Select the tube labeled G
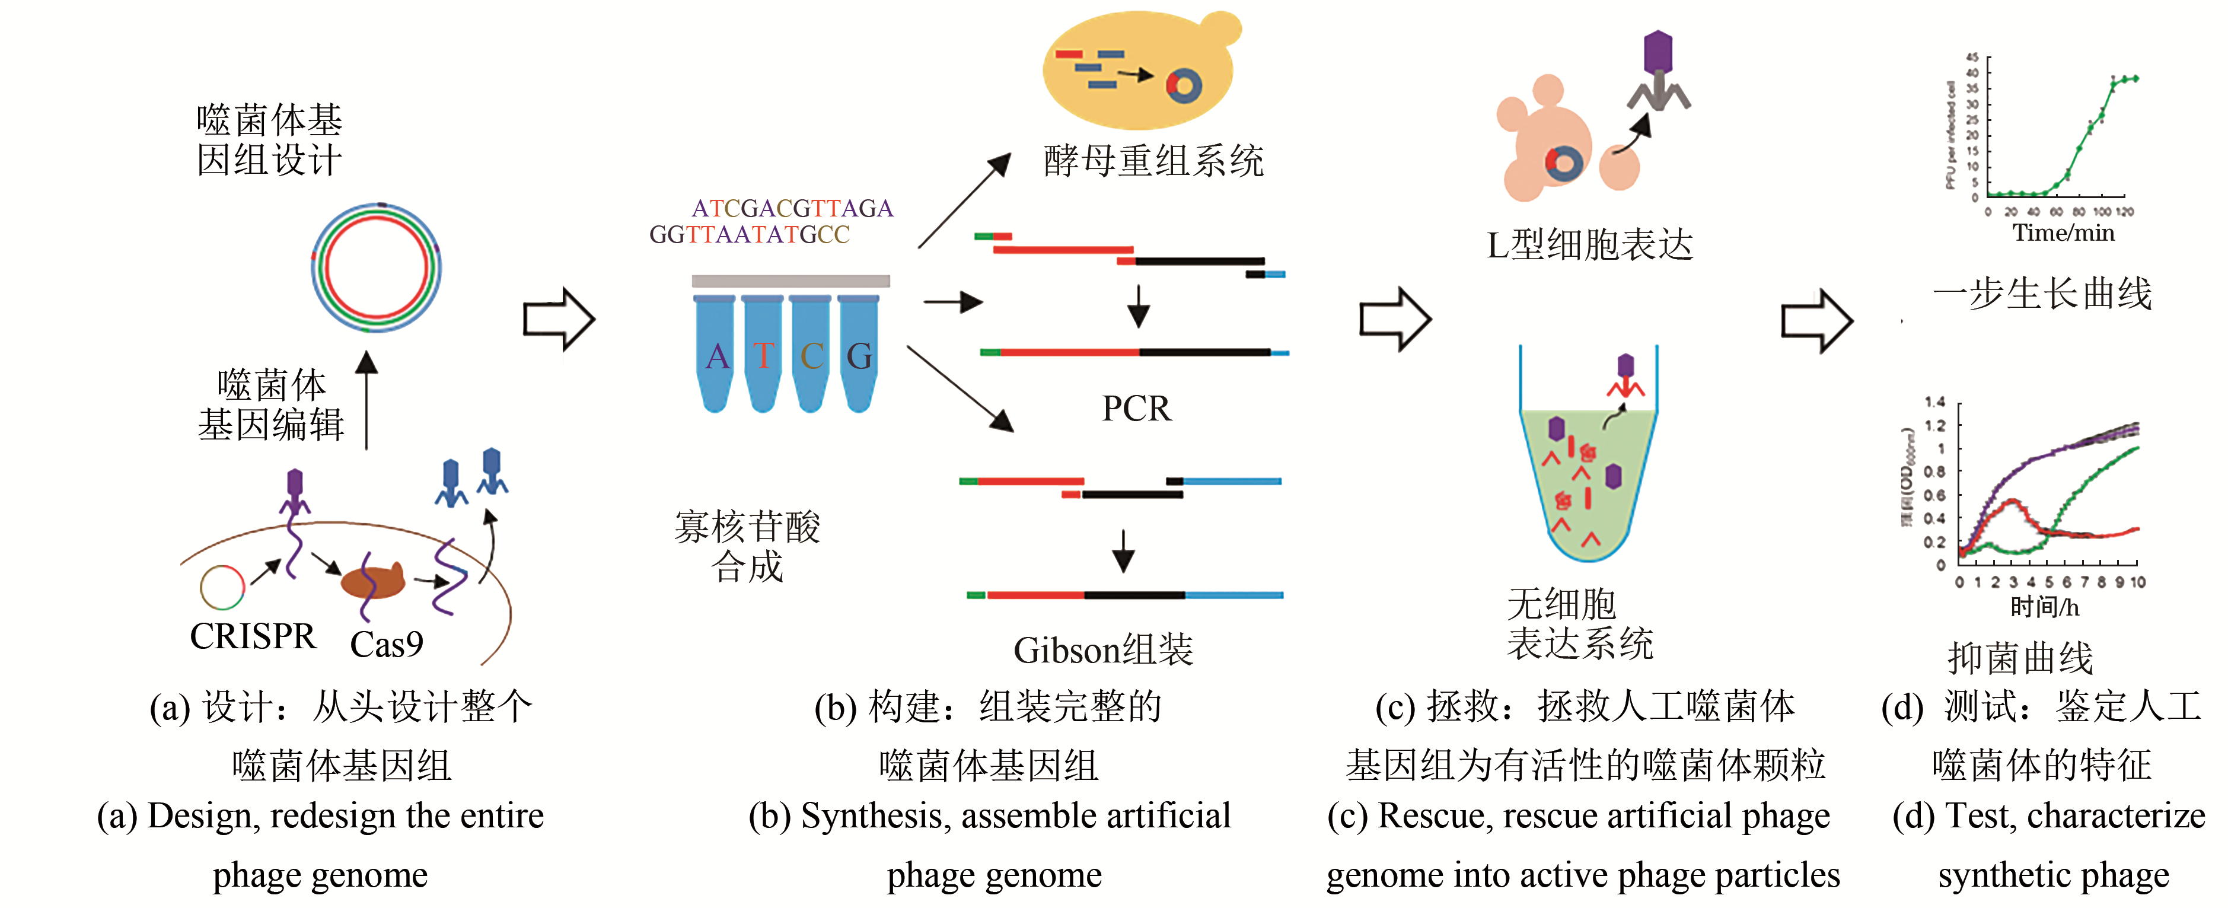(x=859, y=355)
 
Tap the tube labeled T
(x=763, y=355)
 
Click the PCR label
(x=1136, y=408)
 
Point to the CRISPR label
(x=253, y=636)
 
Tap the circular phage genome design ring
(x=376, y=267)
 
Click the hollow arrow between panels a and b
(x=559, y=319)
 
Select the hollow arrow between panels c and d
(x=1816, y=320)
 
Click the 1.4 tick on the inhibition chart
(x=1935, y=402)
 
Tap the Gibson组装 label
(x=1103, y=650)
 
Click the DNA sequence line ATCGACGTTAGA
(x=792, y=208)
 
